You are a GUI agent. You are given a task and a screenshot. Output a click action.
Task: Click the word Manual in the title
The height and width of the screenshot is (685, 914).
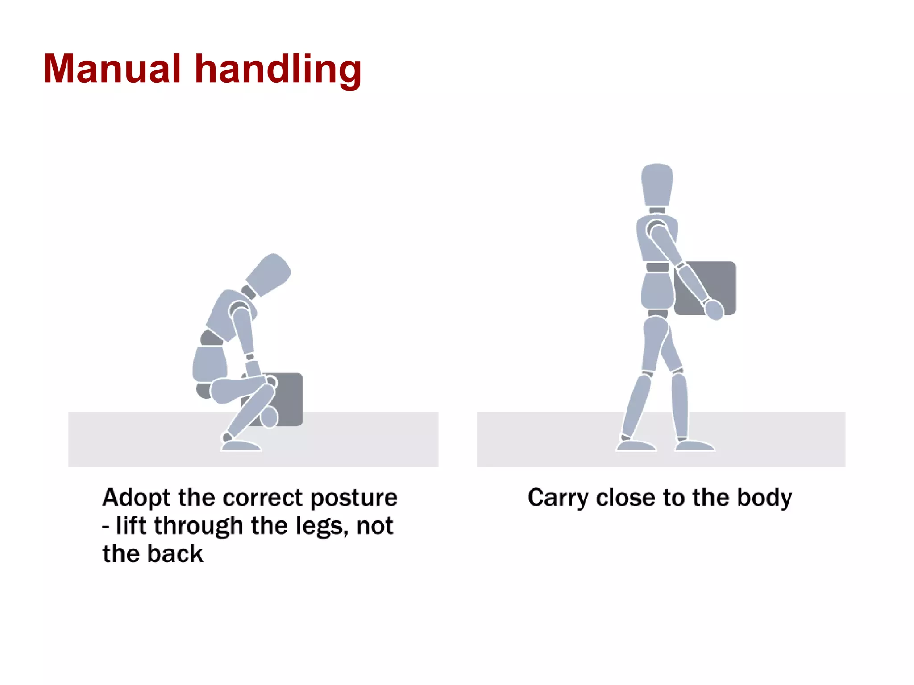pos(112,69)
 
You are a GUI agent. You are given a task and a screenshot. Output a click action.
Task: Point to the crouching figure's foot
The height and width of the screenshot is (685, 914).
pos(241,445)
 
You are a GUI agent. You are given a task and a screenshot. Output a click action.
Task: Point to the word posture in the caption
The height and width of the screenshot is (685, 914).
pos(353,498)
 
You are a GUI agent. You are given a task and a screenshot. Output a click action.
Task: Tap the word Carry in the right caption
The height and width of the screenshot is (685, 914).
pos(558,498)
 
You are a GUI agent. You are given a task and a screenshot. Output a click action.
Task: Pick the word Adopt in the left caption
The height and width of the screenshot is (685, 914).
pos(136,498)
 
